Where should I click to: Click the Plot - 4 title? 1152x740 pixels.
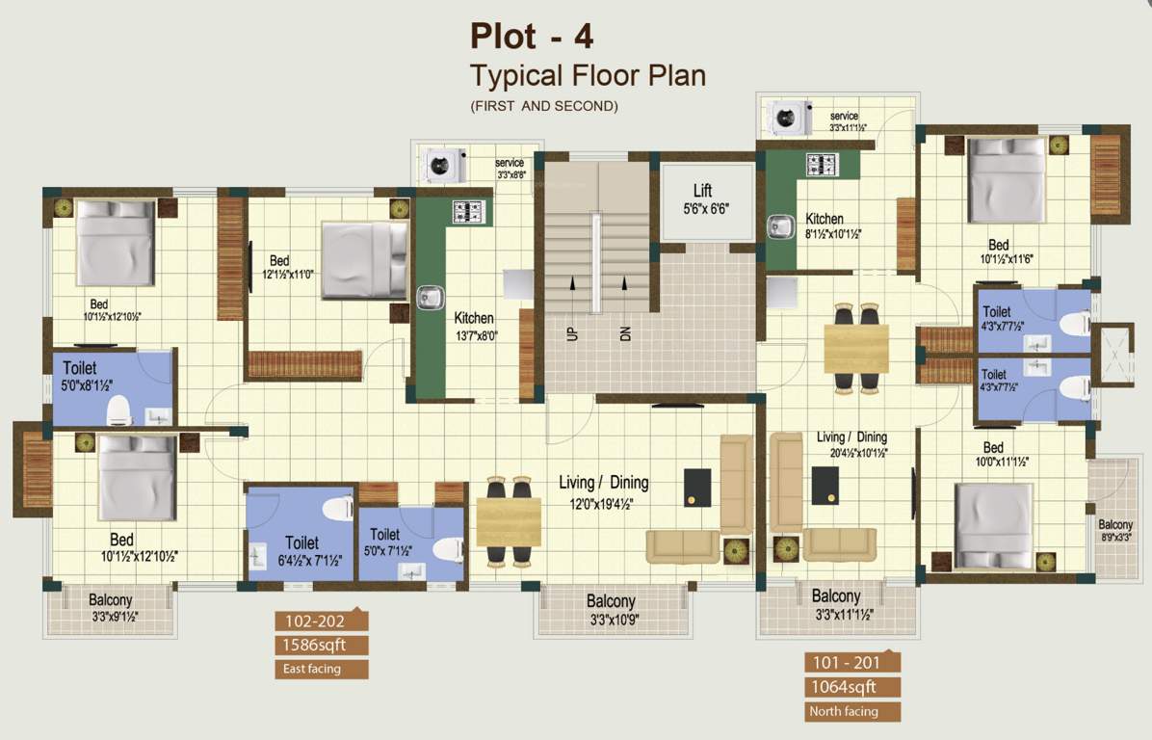tap(532, 36)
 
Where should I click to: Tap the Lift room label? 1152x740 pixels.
tap(702, 191)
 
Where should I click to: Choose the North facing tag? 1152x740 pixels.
tap(843, 712)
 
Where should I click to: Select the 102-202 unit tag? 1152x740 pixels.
tap(309, 621)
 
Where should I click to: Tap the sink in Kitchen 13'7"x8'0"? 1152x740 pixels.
tap(430, 297)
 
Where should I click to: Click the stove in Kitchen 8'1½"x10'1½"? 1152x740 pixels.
tap(822, 164)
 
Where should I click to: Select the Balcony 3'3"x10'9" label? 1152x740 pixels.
tap(611, 602)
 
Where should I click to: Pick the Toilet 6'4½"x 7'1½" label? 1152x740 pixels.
tap(301, 542)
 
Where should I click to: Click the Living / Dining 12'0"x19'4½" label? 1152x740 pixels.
tap(604, 482)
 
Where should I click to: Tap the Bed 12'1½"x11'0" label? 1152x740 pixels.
tap(279, 260)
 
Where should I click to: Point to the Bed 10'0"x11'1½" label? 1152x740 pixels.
tap(993, 447)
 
